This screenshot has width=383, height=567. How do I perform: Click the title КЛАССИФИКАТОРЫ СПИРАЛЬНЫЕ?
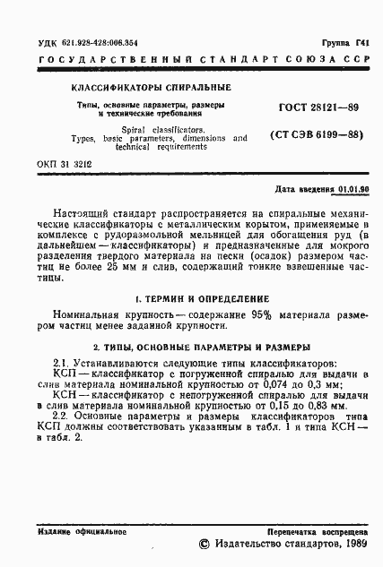[151, 88]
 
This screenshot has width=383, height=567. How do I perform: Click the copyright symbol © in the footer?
[204, 544]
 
